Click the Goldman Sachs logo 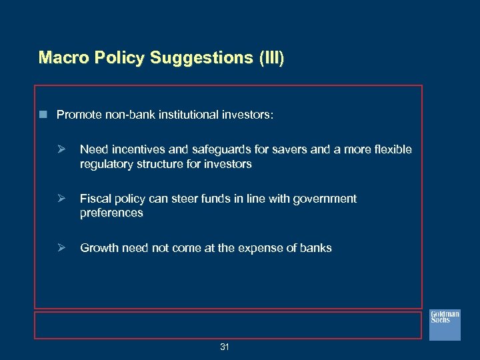pos(445,323)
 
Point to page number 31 pos(225,347)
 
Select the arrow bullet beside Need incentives pos(61,149)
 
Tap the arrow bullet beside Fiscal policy pos(61,199)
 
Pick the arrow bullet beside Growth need pos(61,248)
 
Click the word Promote pos(79,115)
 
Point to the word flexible pos(392,149)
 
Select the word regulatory pos(105,164)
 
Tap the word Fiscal pos(94,199)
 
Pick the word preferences pos(111,213)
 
